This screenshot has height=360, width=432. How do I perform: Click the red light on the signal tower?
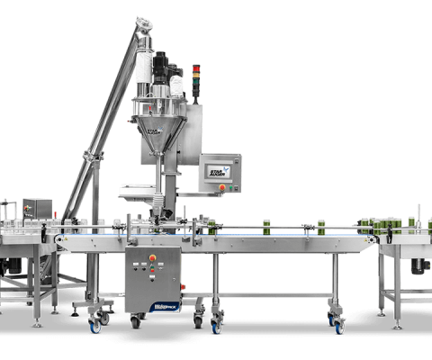click(197, 69)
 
